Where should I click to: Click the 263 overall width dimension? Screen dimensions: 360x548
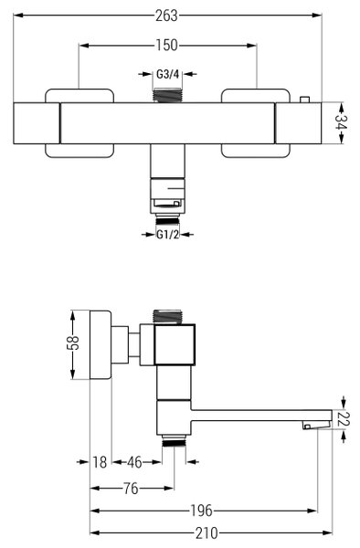tap(167, 16)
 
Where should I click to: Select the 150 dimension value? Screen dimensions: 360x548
tap(167, 46)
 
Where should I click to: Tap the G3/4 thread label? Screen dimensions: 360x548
tap(167, 74)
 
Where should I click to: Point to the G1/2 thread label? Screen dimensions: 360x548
tap(167, 235)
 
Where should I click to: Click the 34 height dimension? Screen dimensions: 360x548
tap(340, 122)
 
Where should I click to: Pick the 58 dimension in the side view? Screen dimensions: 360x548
tap(73, 343)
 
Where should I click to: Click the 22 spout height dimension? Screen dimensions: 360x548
tap(344, 419)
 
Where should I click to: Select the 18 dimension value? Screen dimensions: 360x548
tap(100, 462)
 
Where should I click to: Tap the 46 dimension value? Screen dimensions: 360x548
tap(134, 462)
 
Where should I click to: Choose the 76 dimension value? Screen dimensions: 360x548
tap(132, 489)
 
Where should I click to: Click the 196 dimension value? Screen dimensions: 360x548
tap(202, 511)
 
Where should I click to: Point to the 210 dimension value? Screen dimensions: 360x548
tap(206, 533)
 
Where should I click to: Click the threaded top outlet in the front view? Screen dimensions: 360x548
tap(168, 95)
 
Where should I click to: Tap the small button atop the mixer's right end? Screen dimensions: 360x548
tap(304, 100)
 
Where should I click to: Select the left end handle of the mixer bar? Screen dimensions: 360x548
tap(37, 123)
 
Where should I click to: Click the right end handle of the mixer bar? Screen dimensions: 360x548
tap(298, 123)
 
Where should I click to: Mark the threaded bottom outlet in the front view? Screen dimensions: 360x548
tap(167, 220)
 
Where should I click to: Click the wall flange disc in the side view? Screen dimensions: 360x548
tap(101, 344)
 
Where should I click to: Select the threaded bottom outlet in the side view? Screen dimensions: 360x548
tap(174, 442)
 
